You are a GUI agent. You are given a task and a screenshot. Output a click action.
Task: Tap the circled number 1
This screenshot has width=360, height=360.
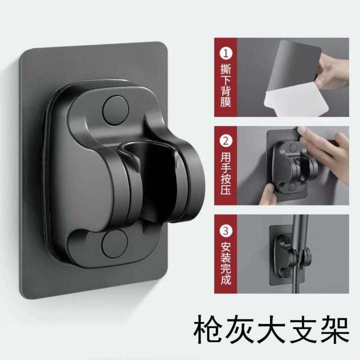(225, 51)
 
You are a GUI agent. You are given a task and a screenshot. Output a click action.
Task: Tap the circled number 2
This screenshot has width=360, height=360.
(225, 141)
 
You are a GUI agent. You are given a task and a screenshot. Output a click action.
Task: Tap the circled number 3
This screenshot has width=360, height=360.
(225, 231)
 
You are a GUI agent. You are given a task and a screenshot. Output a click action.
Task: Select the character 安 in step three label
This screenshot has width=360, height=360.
(225, 246)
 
